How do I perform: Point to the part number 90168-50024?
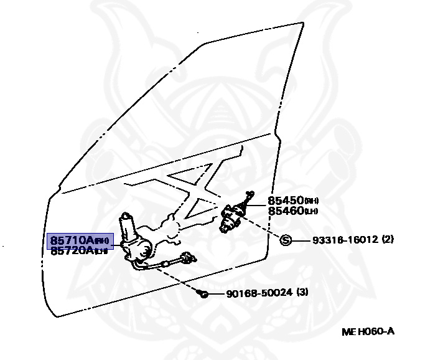(x=251, y=293)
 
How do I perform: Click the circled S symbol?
(x=286, y=240)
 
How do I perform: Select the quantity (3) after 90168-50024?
(x=302, y=293)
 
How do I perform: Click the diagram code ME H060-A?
(x=367, y=331)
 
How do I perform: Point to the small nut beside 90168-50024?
(x=203, y=293)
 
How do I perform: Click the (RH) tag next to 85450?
(x=311, y=202)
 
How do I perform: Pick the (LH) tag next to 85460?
(x=311, y=212)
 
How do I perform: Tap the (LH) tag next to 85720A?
(x=101, y=251)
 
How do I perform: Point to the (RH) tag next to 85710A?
(x=101, y=240)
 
